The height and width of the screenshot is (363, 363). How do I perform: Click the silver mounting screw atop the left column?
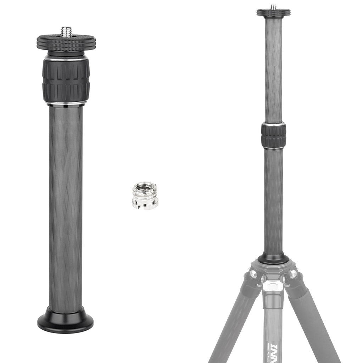[66, 32]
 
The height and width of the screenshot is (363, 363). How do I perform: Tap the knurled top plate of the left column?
[66, 43]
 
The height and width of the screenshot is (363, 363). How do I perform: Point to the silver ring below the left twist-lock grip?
[66, 104]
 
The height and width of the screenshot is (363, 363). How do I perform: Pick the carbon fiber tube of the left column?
[66, 206]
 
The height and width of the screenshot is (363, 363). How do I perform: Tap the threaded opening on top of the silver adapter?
[145, 186]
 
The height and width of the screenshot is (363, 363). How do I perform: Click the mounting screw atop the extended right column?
[273, 7]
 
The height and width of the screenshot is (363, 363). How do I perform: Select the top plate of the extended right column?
[273, 13]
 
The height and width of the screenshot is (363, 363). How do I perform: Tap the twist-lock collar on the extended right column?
[273, 136]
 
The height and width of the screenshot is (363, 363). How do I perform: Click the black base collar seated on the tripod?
[273, 259]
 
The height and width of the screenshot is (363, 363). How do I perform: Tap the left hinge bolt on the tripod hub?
[252, 274]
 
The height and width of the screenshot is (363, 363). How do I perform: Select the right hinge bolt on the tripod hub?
[293, 274]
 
